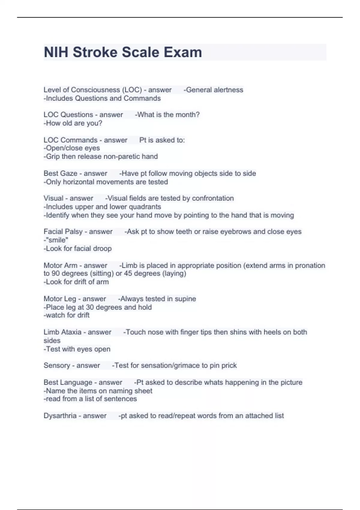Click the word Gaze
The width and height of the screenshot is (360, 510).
point(69,173)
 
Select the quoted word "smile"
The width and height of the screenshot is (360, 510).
point(57,240)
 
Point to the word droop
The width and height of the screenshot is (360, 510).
point(103,248)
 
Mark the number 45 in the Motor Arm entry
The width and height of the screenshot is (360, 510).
point(128,273)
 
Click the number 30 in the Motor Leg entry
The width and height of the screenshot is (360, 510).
point(90,307)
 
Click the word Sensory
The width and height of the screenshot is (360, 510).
point(57,365)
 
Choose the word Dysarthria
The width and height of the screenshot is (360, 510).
point(60,416)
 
